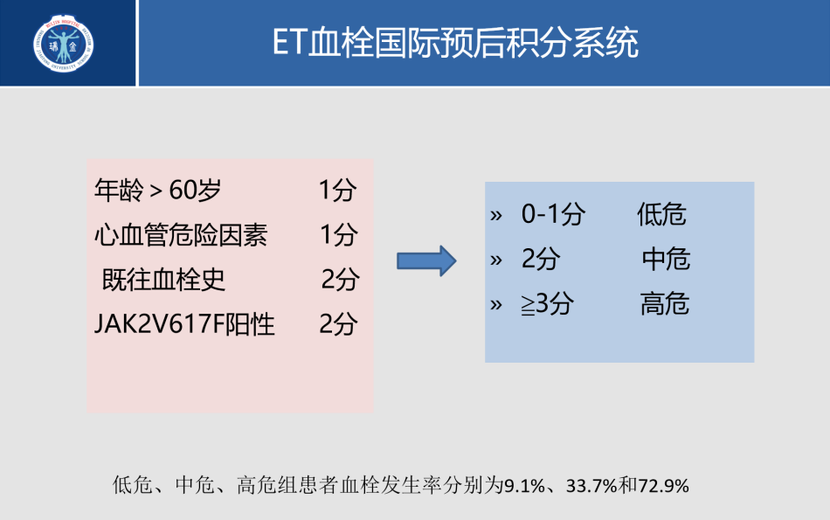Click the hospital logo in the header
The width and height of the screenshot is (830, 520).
pyautogui.click(x=65, y=44)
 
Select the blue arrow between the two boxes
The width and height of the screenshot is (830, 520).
pyautogui.click(x=427, y=260)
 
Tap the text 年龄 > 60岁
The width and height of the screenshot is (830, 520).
pyautogui.click(x=158, y=191)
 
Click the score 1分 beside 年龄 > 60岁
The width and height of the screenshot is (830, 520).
pyautogui.click(x=337, y=191)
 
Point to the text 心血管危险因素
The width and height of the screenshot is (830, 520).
pyautogui.click(x=181, y=235)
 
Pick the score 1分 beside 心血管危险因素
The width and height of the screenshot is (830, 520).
pyautogui.click(x=338, y=235)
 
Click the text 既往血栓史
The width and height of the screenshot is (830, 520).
pyautogui.click(x=163, y=280)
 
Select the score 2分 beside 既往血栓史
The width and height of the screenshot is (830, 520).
pyautogui.click(x=340, y=280)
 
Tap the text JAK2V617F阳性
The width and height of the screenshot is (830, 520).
pyautogui.click(x=184, y=325)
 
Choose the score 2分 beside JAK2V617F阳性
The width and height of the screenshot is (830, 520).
pyautogui.click(x=338, y=325)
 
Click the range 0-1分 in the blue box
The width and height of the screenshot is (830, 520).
pyautogui.click(x=553, y=215)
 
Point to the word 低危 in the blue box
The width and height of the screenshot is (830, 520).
pyautogui.click(x=661, y=215)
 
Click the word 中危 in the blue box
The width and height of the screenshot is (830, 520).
pyautogui.click(x=666, y=260)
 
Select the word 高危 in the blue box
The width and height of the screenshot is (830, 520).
pyautogui.click(x=665, y=304)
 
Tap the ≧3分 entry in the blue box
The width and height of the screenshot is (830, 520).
pyautogui.click(x=547, y=304)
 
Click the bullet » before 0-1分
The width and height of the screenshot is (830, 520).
pyautogui.click(x=497, y=215)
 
